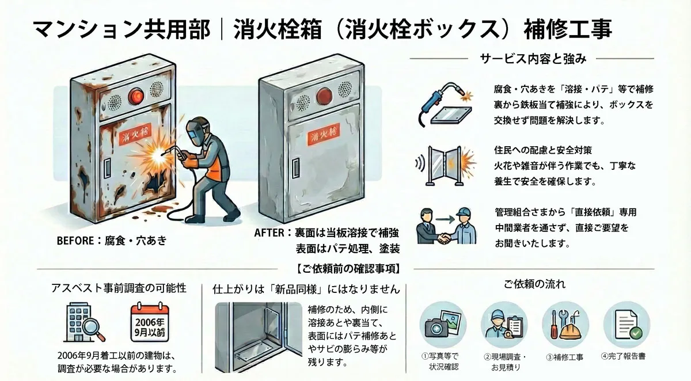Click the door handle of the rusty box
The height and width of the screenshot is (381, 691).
[107, 168]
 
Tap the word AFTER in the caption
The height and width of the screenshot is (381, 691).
[269, 233]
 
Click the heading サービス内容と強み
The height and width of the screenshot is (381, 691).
[532, 58]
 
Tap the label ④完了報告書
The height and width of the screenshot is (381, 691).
[623, 356]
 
